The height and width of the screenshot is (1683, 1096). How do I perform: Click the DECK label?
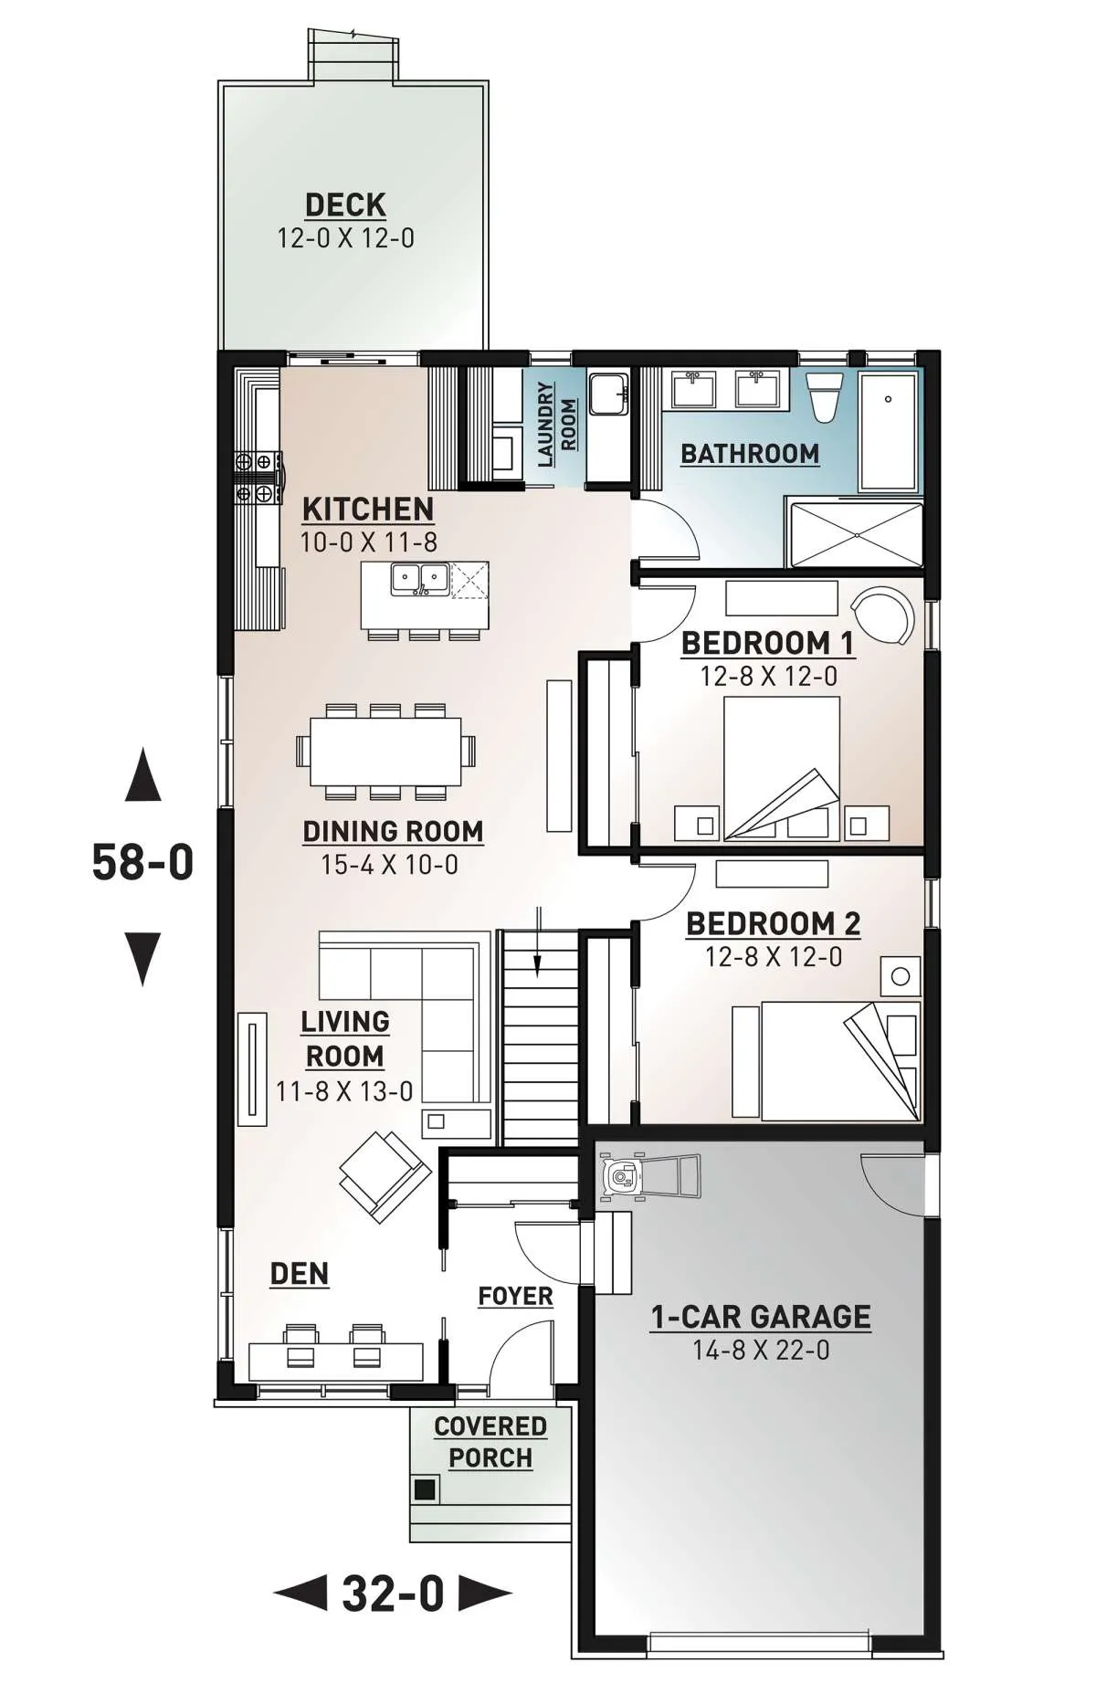(x=345, y=205)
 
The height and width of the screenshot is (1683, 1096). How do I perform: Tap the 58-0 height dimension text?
(x=142, y=861)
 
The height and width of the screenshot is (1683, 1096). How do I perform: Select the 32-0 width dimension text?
(x=393, y=1594)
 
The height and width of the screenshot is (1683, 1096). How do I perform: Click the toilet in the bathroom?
(x=825, y=398)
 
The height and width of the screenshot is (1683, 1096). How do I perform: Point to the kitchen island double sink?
(x=420, y=580)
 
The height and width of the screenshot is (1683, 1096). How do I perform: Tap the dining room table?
(x=385, y=751)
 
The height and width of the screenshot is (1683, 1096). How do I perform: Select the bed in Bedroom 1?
(x=782, y=768)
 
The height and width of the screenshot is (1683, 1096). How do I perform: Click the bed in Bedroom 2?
(x=840, y=1061)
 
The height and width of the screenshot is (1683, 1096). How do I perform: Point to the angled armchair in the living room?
(x=385, y=1177)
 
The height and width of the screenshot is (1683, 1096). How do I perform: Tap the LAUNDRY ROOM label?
(x=556, y=425)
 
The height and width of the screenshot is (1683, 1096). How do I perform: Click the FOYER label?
(x=515, y=1296)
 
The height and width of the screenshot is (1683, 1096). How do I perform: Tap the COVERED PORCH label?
(x=490, y=1442)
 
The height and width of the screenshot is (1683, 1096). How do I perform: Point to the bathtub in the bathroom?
(x=889, y=432)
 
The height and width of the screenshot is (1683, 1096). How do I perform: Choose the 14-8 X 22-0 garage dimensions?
(x=761, y=1350)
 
